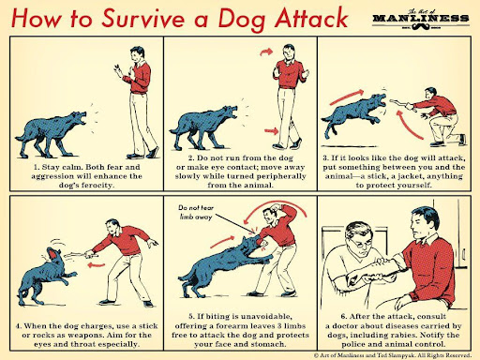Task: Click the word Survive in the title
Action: tap(143, 19)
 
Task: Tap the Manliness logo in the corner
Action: tap(421, 21)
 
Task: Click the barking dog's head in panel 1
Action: tap(78, 118)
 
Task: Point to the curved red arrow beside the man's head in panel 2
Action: tap(266, 52)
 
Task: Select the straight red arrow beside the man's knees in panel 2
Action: tap(271, 130)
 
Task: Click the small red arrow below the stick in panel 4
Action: tap(97, 265)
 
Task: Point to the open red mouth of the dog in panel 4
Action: tap(53, 254)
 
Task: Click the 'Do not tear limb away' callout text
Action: tap(196, 212)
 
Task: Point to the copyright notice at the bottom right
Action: tap(393, 355)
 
